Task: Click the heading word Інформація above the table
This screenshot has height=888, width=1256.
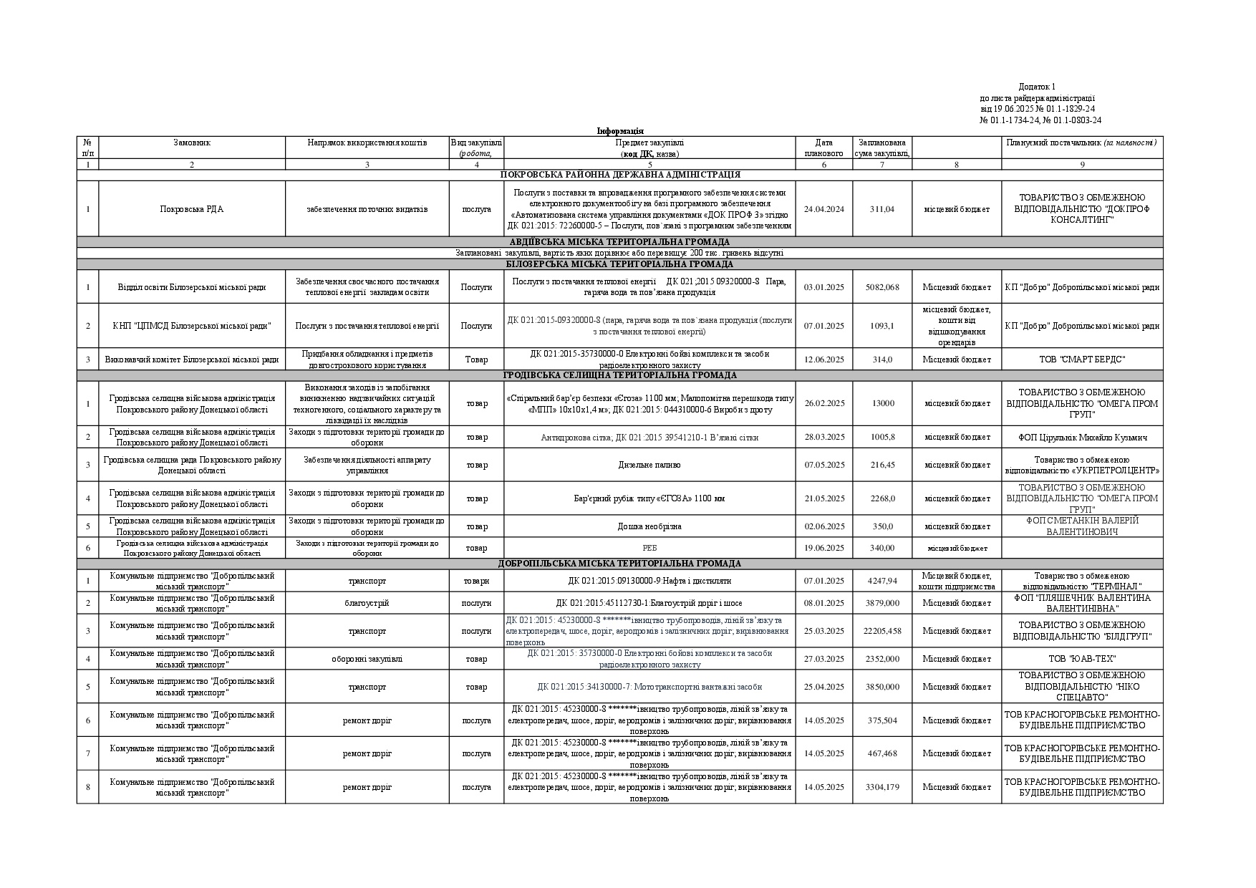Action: pos(620,131)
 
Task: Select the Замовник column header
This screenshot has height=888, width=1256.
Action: pos(192,143)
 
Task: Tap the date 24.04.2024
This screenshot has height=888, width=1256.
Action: pos(823,209)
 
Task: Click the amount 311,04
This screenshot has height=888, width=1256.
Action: pos(881,209)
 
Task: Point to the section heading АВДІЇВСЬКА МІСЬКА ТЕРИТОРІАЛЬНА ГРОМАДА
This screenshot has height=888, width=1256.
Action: pos(619,242)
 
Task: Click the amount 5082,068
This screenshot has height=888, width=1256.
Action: pos(881,287)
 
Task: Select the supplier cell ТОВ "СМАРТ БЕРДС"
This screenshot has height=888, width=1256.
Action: pos(1081,359)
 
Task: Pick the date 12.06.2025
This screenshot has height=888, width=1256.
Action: pos(823,359)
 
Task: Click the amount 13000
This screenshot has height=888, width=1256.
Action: pos(882,403)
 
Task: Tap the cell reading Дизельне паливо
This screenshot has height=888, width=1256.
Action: pos(649,465)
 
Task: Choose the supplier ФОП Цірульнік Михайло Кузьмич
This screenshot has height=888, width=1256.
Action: pos(1081,437)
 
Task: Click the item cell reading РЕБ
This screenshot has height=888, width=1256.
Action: pos(649,548)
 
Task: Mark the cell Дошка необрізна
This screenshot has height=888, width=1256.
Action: pos(649,526)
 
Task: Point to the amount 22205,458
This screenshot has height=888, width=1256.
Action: pos(881,631)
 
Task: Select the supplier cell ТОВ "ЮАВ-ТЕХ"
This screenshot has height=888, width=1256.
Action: pos(1081,659)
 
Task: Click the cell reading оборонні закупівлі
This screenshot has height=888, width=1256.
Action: pos(367,659)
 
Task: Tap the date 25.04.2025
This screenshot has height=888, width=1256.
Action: pos(823,687)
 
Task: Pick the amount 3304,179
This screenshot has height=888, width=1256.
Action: pos(881,787)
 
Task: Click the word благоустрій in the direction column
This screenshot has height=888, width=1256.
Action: pos(367,603)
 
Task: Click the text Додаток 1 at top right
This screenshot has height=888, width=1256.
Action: pos(1037,87)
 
